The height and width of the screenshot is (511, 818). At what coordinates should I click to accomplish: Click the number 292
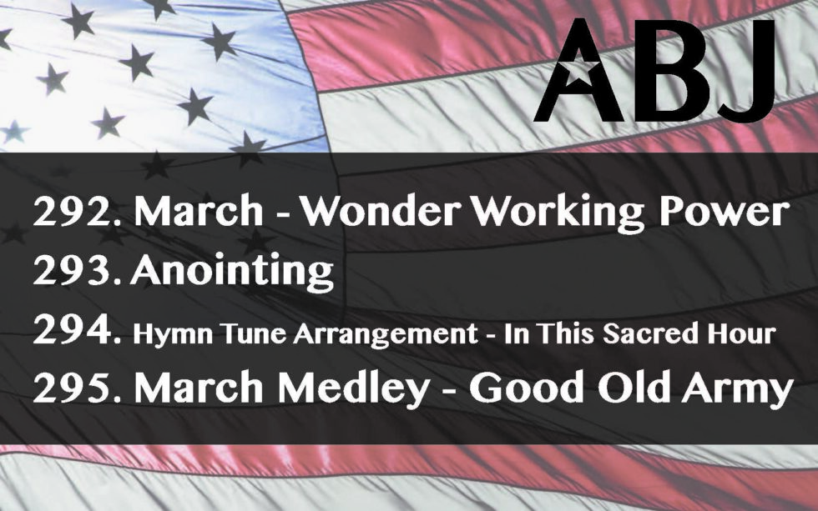77,211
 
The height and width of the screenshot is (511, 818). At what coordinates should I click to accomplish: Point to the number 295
77,388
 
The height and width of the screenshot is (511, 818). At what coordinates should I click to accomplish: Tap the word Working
558,213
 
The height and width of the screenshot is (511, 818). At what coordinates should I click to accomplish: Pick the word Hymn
173,335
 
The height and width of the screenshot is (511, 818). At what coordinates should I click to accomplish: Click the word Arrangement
385,335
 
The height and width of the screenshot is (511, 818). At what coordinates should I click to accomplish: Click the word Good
526,388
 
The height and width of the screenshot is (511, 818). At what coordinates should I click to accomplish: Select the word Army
737,390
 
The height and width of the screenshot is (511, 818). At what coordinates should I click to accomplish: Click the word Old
634,388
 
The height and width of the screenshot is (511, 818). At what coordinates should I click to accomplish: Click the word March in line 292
199,211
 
